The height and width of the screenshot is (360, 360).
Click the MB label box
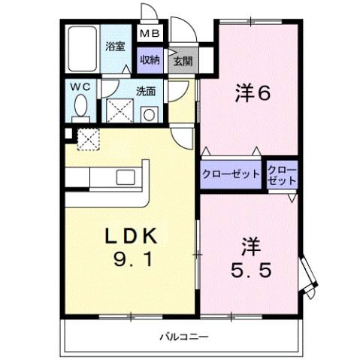click(147, 34)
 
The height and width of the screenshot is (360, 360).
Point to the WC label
click(80, 87)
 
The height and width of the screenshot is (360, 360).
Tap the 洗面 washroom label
click(145, 92)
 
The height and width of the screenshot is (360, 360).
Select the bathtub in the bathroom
click(80, 49)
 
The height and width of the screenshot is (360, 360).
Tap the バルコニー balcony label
click(183, 335)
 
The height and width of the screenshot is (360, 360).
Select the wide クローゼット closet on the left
click(231, 174)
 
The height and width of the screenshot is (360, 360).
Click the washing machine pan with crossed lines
click(118, 111)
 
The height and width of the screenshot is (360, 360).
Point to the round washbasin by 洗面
click(148, 115)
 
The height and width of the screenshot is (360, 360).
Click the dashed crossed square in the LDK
click(89, 139)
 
